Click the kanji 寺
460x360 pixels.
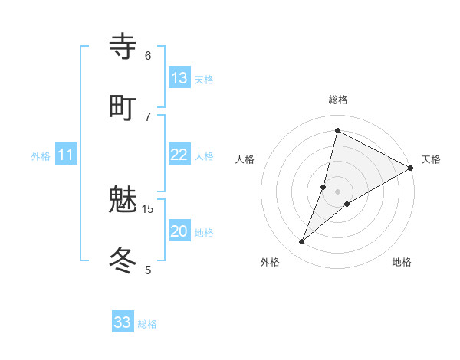point(123,47)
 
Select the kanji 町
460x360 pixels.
point(123,106)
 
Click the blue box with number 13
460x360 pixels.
point(179,77)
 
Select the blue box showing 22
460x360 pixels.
point(179,155)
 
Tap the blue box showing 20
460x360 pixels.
point(179,231)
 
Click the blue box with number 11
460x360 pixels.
point(66,155)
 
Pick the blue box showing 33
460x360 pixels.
point(123,322)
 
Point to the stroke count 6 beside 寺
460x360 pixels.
point(148,55)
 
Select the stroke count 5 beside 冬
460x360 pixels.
point(148,270)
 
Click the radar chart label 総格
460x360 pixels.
point(338,100)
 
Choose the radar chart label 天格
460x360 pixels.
point(431,159)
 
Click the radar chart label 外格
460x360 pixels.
point(270,262)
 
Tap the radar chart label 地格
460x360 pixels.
point(402,262)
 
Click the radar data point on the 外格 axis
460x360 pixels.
point(302,242)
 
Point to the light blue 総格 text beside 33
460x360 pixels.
point(147,324)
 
